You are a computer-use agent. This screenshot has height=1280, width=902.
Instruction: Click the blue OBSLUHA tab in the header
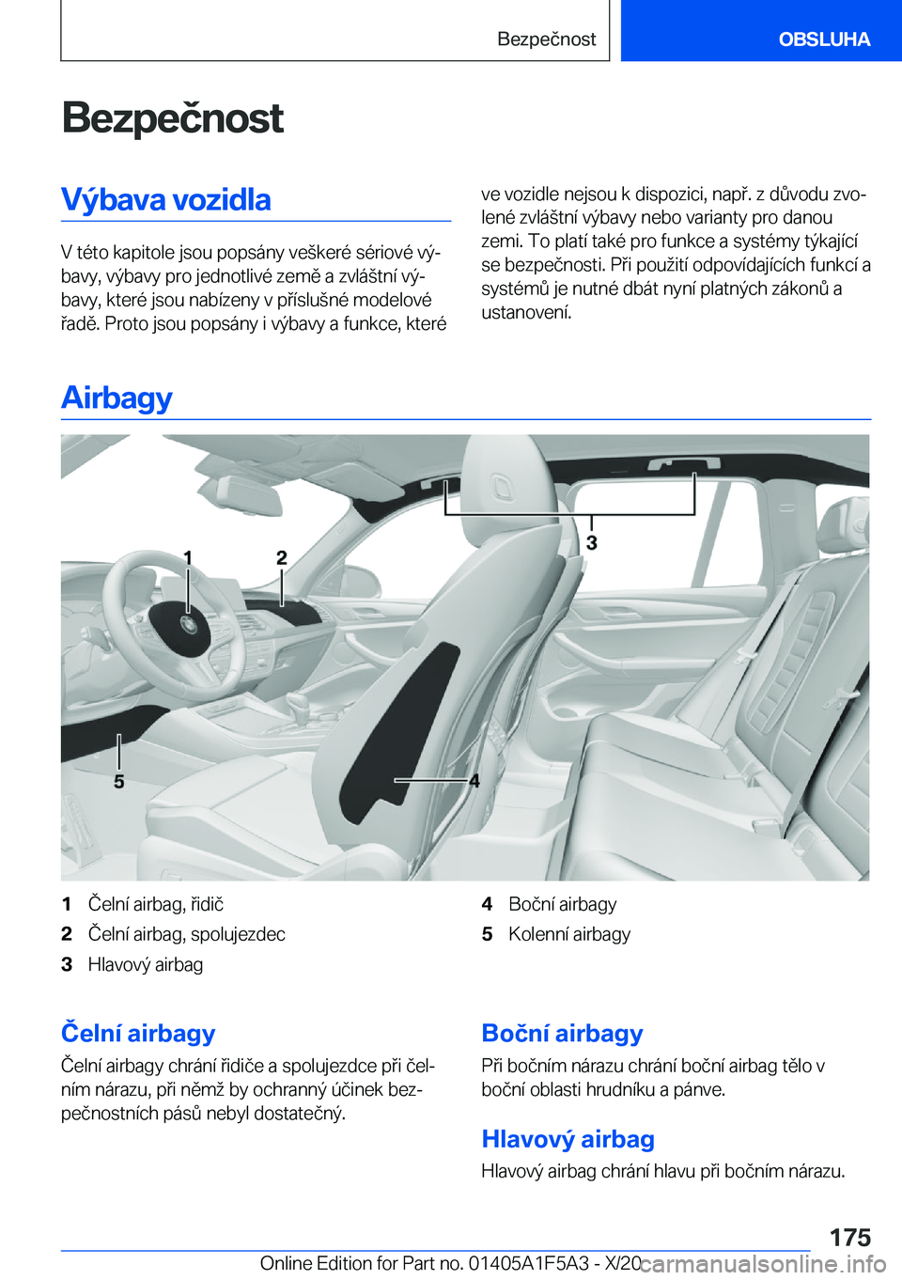coord(823,39)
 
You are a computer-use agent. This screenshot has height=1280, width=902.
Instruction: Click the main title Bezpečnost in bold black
coord(172,118)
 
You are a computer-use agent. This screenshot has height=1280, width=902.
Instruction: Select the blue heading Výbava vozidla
coord(166,200)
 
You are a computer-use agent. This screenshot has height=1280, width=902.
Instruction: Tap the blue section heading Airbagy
coord(117,398)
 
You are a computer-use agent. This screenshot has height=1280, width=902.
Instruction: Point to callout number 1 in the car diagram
coord(188,558)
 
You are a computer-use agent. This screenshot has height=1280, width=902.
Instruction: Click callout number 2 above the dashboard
coord(281,558)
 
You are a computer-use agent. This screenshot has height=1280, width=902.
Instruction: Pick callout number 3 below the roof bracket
coord(592,543)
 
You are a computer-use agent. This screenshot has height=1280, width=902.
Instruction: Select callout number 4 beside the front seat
coord(474,781)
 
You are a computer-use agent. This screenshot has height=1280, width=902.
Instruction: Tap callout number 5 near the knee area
coord(119,782)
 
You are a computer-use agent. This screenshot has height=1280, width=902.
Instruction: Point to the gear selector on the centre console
coord(299,704)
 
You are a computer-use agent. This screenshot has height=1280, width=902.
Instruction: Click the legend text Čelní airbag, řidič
coord(155,904)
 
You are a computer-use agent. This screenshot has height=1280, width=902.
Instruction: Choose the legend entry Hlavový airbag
coord(145,964)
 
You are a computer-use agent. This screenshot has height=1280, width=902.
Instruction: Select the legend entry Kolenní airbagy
coord(568,934)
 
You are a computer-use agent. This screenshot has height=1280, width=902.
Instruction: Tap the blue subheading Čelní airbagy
coord(138,1033)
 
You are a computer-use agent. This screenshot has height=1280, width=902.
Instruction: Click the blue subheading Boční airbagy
coord(562,1033)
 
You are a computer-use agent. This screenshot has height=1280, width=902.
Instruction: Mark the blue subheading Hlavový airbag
coord(568,1139)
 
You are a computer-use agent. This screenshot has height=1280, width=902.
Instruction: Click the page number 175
coord(850,1237)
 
